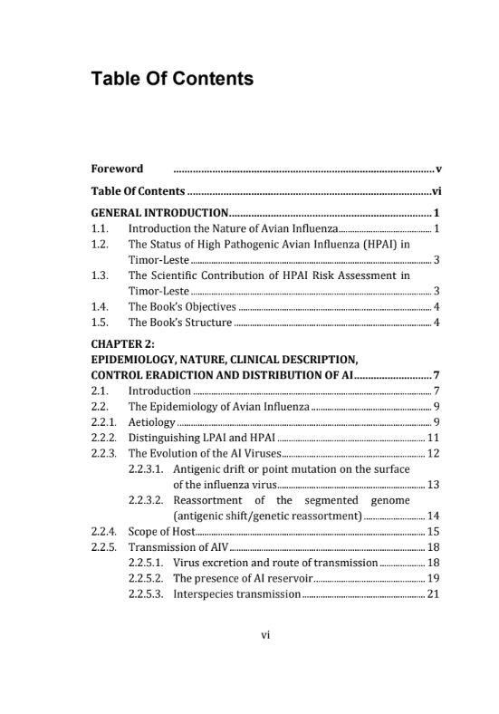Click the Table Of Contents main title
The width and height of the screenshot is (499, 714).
(172, 79)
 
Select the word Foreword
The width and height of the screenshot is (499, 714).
(117, 169)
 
